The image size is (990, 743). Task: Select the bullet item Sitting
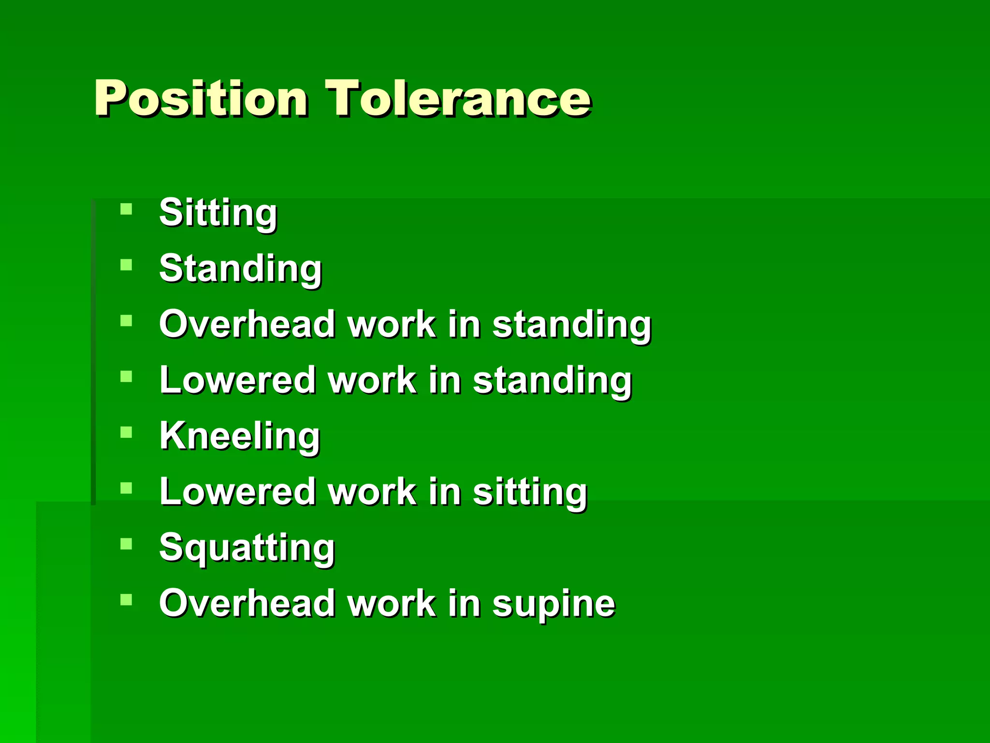point(218,213)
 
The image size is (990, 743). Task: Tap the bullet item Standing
point(240,268)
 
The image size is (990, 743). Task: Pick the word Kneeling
point(240,436)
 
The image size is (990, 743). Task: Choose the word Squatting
point(247,548)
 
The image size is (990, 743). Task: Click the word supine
point(553,604)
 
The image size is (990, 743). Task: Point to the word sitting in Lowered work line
point(530,492)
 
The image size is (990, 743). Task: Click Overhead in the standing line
point(247,324)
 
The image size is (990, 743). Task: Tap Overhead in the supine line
point(247,603)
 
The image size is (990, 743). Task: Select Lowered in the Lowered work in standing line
point(237,380)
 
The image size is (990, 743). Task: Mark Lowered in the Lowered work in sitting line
point(237,492)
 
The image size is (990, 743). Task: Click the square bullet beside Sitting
point(126,209)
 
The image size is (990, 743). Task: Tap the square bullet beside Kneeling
point(126,432)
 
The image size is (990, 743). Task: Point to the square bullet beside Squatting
point(126,544)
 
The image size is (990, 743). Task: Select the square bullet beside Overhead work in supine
point(126,600)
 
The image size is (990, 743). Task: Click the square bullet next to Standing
point(126,265)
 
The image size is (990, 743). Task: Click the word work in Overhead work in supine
point(392,603)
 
